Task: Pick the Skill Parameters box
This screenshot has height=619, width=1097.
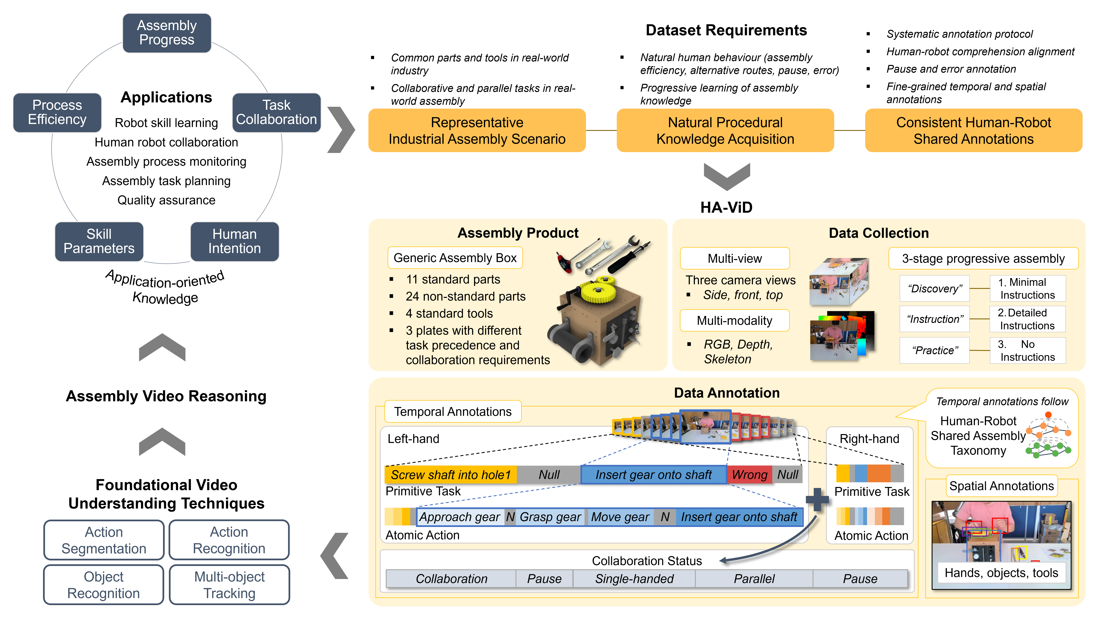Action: click(x=99, y=241)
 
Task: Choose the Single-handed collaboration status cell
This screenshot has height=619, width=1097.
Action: click(x=634, y=579)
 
